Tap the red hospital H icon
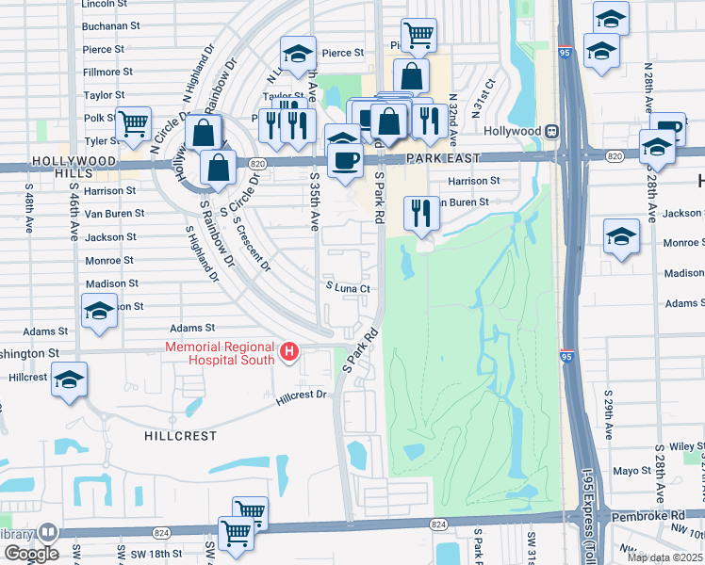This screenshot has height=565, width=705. (289, 353)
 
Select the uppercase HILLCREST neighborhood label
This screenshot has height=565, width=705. (180, 436)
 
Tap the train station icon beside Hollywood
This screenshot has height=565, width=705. (554, 131)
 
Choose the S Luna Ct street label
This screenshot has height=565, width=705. (345, 287)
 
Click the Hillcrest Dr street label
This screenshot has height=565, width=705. (301, 397)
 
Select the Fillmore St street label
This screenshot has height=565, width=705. (102, 72)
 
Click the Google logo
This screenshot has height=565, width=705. (30, 554)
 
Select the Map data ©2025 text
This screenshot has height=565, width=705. (664, 557)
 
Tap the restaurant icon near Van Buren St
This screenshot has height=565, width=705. (420, 214)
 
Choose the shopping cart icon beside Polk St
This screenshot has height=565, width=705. (133, 121)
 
